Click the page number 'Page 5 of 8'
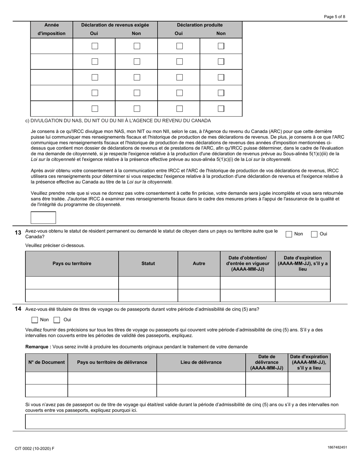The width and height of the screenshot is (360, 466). [334, 17]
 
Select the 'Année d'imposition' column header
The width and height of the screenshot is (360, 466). [52, 29]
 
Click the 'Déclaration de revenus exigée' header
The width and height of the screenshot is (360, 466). [115, 25]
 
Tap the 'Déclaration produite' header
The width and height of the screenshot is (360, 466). [200, 25]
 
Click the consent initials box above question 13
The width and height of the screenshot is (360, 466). [43, 218]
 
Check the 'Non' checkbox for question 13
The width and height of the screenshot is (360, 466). [289, 234]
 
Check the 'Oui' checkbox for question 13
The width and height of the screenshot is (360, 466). [314, 234]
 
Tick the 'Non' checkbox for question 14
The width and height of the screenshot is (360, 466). [35, 320]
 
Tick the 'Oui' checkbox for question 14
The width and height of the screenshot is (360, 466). [57, 320]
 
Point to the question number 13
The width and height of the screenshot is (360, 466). [18, 233]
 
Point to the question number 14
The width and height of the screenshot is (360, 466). [18, 309]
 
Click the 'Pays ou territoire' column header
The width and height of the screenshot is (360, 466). [72, 263]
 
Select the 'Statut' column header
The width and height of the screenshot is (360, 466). [148, 263]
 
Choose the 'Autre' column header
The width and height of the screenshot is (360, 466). [199, 263]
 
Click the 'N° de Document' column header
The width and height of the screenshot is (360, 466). [47, 362]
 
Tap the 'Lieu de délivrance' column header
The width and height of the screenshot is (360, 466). [201, 362]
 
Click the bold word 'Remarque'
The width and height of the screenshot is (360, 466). [38, 347]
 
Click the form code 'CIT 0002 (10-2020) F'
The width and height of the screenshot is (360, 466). [34, 449]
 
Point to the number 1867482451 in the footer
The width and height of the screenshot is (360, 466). [337, 447]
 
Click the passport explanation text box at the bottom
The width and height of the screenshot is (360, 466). [185, 421]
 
